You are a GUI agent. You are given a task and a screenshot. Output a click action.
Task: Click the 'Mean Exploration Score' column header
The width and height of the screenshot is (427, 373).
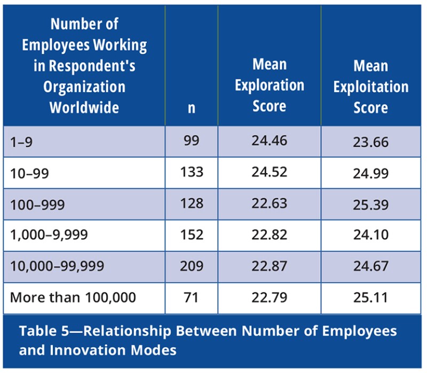pos(270,85)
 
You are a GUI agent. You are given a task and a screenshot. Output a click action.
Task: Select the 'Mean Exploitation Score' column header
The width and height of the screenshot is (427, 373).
pos(370,86)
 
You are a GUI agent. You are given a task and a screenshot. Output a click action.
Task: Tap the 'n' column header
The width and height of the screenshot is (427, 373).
pos(191,108)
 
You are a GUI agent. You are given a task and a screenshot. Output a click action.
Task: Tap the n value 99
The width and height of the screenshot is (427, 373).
pos(191,142)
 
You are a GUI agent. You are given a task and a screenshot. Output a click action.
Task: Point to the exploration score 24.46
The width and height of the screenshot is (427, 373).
pos(270,142)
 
